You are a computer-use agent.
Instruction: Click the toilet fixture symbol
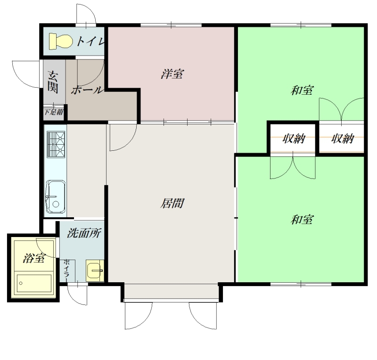click(x=61, y=41)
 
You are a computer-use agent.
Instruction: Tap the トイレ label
click(x=90, y=41)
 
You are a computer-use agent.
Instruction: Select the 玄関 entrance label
click(x=53, y=82)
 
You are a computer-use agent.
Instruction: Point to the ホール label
click(x=87, y=90)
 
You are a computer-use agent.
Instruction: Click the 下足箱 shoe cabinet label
click(x=54, y=112)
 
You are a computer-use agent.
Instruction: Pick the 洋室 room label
click(x=172, y=74)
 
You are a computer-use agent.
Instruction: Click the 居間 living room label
click(x=172, y=204)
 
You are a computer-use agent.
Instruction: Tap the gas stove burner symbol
click(x=56, y=144)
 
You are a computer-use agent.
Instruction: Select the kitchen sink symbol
click(x=56, y=197)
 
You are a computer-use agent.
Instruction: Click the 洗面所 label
click(x=84, y=233)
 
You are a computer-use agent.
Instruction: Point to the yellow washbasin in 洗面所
click(x=95, y=271)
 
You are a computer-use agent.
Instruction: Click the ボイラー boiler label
click(x=66, y=270)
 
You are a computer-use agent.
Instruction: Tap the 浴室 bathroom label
click(x=34, y=258)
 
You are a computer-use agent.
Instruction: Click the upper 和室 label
click(x=302, y=90)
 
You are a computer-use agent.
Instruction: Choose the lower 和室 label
click(x=302, y=220)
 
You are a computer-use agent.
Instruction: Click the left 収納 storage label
click(x=294, y=139)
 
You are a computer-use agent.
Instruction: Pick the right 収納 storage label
click(x=343, y=139)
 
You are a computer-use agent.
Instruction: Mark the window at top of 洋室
click(x=171, y=25)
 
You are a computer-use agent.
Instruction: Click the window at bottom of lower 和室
click(x=301, y=284)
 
